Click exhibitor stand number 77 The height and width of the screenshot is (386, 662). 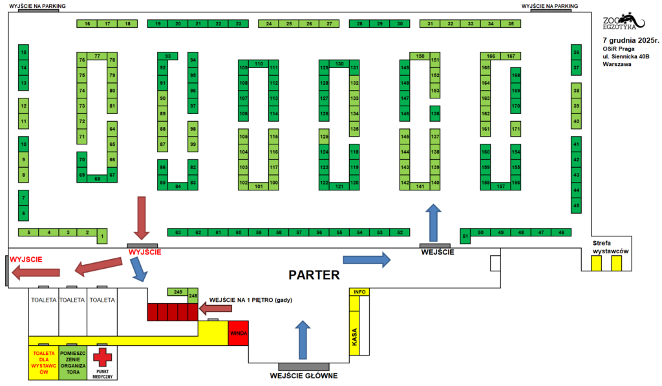97,56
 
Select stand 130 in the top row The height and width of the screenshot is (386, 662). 339,63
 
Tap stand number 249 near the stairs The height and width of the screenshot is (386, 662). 178,292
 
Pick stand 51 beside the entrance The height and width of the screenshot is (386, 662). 465,236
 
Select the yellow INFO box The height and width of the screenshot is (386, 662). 360,292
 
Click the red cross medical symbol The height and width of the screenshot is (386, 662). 102,357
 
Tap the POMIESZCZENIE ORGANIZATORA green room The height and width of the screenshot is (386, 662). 73,363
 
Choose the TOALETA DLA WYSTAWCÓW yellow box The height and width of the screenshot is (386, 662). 43,363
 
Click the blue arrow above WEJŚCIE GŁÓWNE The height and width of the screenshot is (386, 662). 301,338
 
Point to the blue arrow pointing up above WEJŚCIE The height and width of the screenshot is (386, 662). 435,221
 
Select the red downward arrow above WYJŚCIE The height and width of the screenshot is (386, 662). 142,218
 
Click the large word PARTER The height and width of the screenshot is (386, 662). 314,275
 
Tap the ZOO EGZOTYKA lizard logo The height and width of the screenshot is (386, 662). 620,23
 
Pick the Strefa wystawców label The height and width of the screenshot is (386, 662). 611,247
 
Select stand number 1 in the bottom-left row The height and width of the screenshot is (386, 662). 101,238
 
